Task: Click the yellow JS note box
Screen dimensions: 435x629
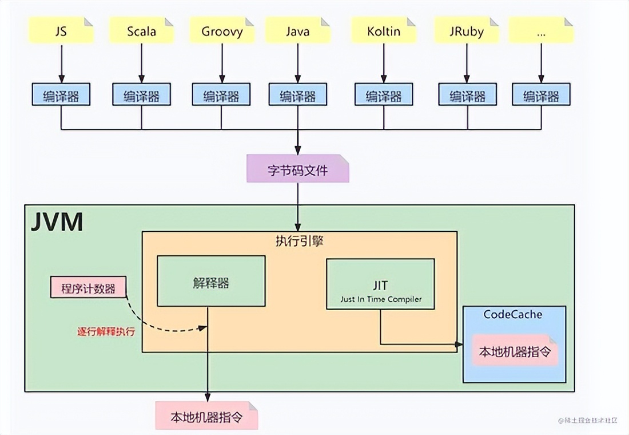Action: coord(61,30)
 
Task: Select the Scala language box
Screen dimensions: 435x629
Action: coord(141,30)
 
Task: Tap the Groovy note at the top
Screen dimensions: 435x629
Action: coord(222,30)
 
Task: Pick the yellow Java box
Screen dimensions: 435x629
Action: coord(297,30)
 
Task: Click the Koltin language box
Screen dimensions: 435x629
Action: coord(384,30)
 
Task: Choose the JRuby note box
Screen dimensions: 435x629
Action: coord(467,30)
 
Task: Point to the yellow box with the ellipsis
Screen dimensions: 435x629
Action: coord(541,30)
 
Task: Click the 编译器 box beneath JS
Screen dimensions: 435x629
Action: coord(61,95)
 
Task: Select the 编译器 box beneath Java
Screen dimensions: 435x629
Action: coord(297,95)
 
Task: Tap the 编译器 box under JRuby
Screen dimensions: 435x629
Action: coord(467,95)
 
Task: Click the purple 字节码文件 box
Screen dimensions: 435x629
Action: coord(297,169)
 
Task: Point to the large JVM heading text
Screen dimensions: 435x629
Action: coord(57,222)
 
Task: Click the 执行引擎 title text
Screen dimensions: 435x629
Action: coord(298,241)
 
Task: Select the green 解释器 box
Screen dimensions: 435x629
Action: coord(211,281)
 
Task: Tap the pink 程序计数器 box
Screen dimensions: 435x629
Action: coord(88,288)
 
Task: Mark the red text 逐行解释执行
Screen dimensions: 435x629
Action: coord(106,331)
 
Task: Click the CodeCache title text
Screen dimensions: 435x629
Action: coord(512,314)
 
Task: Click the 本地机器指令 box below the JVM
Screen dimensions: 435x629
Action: coord(206,417)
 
